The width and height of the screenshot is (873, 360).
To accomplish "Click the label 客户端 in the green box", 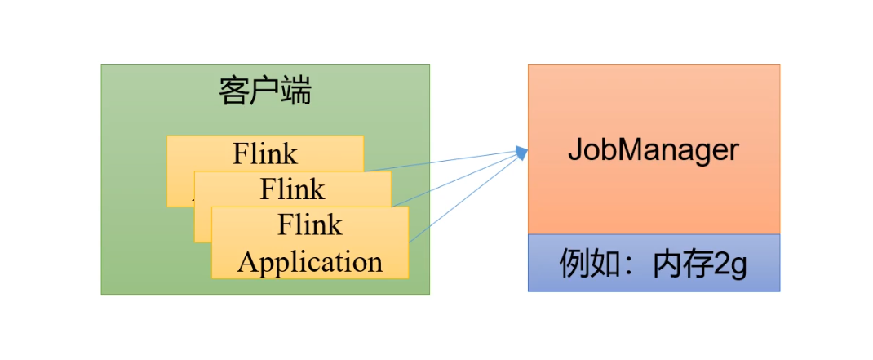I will (x=265, y=91).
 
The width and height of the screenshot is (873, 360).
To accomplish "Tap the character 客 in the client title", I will (x=234, y=91).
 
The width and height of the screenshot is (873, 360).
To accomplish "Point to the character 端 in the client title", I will (x=296, y=91).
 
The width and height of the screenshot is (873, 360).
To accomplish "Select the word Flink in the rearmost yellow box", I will (x=265, y=153).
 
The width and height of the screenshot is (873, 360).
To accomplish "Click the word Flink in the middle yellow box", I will (x=292, y=189).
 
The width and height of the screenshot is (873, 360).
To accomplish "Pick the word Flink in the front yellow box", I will (x=310, y=224).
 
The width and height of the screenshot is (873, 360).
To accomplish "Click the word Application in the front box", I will (x=310, y=263).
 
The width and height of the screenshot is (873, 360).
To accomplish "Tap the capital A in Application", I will (x=246, y=263).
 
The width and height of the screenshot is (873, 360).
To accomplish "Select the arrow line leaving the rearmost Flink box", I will (x=441, y=161).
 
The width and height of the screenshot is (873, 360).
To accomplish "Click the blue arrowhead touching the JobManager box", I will (x=521, y=152).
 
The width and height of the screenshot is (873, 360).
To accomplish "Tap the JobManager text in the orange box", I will (x=654, y=150).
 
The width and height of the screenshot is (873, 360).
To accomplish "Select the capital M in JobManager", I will (x=631, y=150).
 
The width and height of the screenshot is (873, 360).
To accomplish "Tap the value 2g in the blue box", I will (x=731, y=264).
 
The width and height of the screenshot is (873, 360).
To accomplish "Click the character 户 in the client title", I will (x=265, y=91).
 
